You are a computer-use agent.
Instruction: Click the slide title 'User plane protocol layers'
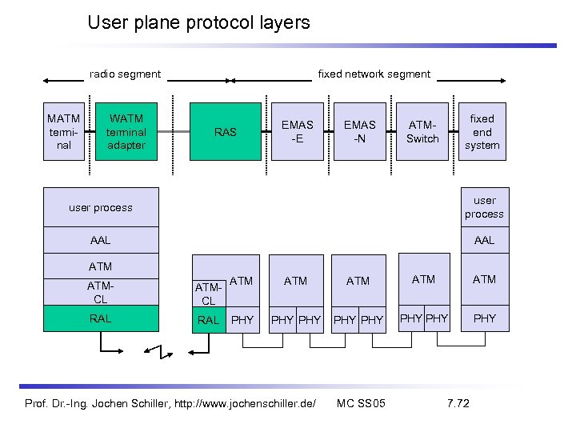click(198, 22)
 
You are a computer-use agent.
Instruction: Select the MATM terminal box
click(64, 132)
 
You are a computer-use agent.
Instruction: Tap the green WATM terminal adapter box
click(126, 132)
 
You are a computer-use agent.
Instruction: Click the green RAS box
click(226, 132)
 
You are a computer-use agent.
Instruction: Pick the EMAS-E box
click(298, 132)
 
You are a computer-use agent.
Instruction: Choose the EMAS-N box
click(359, 132)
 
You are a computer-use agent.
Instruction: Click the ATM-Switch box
click(422, 132)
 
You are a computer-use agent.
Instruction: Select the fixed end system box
click(482, 132)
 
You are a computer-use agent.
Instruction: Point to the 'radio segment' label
click(125, 74)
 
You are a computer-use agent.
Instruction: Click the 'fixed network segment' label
click(374, 74)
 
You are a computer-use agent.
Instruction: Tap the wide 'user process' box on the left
click(101, 207)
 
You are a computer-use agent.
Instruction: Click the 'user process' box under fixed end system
click(484, 206)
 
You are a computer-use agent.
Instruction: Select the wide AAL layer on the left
click(101, 240)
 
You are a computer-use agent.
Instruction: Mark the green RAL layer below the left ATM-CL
click(101, 318)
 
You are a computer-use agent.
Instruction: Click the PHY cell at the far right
click(484, 318)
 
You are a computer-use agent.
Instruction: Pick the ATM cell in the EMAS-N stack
click(358, 280)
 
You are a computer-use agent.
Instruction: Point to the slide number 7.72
click(458, 402)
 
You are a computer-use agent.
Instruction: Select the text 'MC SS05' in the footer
click(361, 402)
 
